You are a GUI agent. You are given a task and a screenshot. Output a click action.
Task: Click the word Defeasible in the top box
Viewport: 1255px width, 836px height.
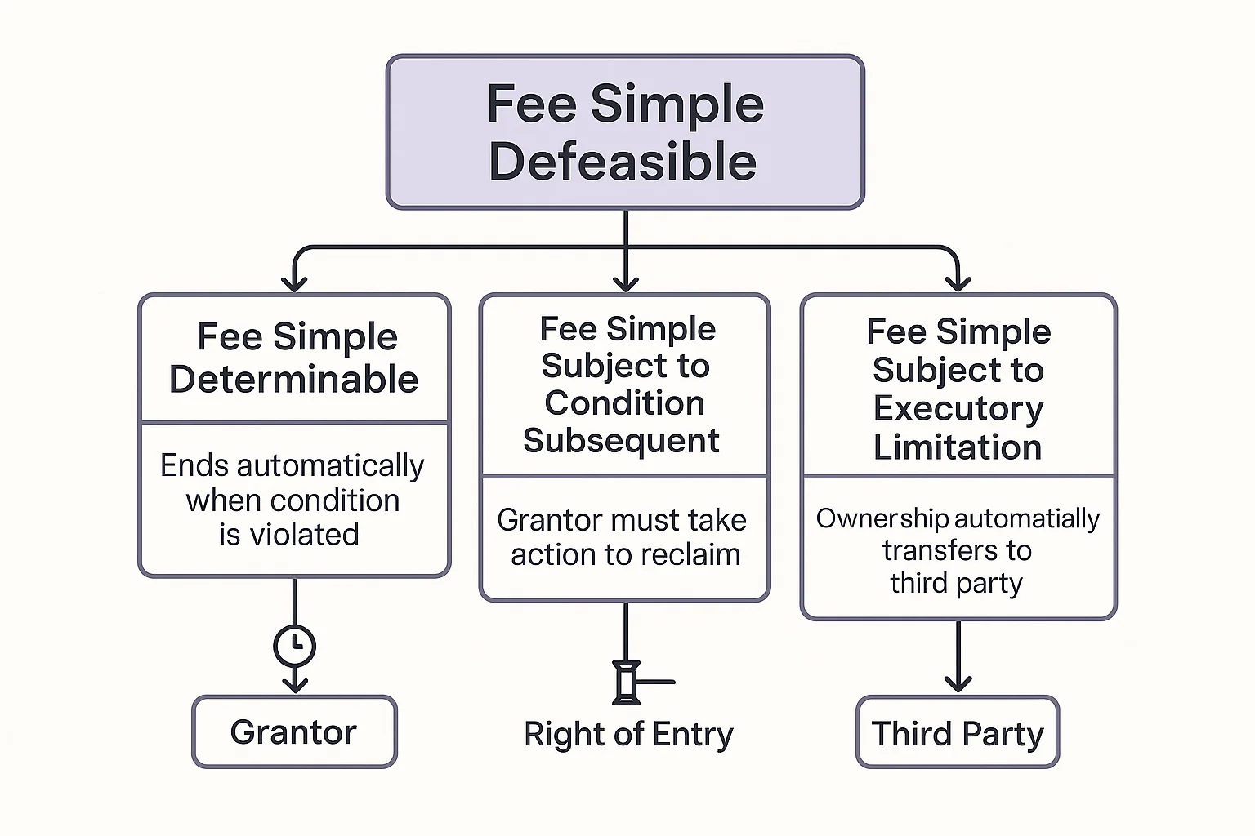tap(623, 162)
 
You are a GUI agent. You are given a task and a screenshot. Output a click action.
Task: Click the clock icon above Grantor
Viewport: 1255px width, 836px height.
tap(294, 646)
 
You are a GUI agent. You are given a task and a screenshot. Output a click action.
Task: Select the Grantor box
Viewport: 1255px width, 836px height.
tap(294, 732)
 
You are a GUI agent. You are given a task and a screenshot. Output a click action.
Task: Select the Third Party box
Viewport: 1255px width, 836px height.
tap(958, 733)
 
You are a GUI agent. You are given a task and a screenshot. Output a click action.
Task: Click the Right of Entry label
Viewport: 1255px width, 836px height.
tap(628, 734)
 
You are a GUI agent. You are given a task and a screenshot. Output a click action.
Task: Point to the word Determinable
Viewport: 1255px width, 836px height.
tap(294, 380)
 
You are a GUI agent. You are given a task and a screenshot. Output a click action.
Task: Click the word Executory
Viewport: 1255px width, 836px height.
tap(958, 408)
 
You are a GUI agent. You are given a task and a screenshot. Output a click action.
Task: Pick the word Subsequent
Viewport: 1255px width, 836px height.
tap(621, 441)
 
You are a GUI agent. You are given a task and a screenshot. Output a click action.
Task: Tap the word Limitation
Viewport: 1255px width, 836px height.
tap(958, 447)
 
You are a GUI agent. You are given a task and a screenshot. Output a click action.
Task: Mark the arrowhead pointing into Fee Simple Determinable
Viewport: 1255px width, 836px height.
tap(294, 283)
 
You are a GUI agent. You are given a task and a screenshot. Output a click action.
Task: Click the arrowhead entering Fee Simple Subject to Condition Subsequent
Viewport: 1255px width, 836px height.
tap(626, 283)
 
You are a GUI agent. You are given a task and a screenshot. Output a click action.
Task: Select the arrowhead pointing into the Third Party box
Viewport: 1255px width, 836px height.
tap(958, 683)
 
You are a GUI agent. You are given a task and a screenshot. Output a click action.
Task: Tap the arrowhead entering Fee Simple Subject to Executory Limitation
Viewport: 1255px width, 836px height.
tap(958, 283)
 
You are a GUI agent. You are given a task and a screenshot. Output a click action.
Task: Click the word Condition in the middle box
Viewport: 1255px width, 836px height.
tap(624, 403)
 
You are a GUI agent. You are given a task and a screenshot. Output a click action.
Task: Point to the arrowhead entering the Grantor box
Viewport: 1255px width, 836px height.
tap(294, 683)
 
